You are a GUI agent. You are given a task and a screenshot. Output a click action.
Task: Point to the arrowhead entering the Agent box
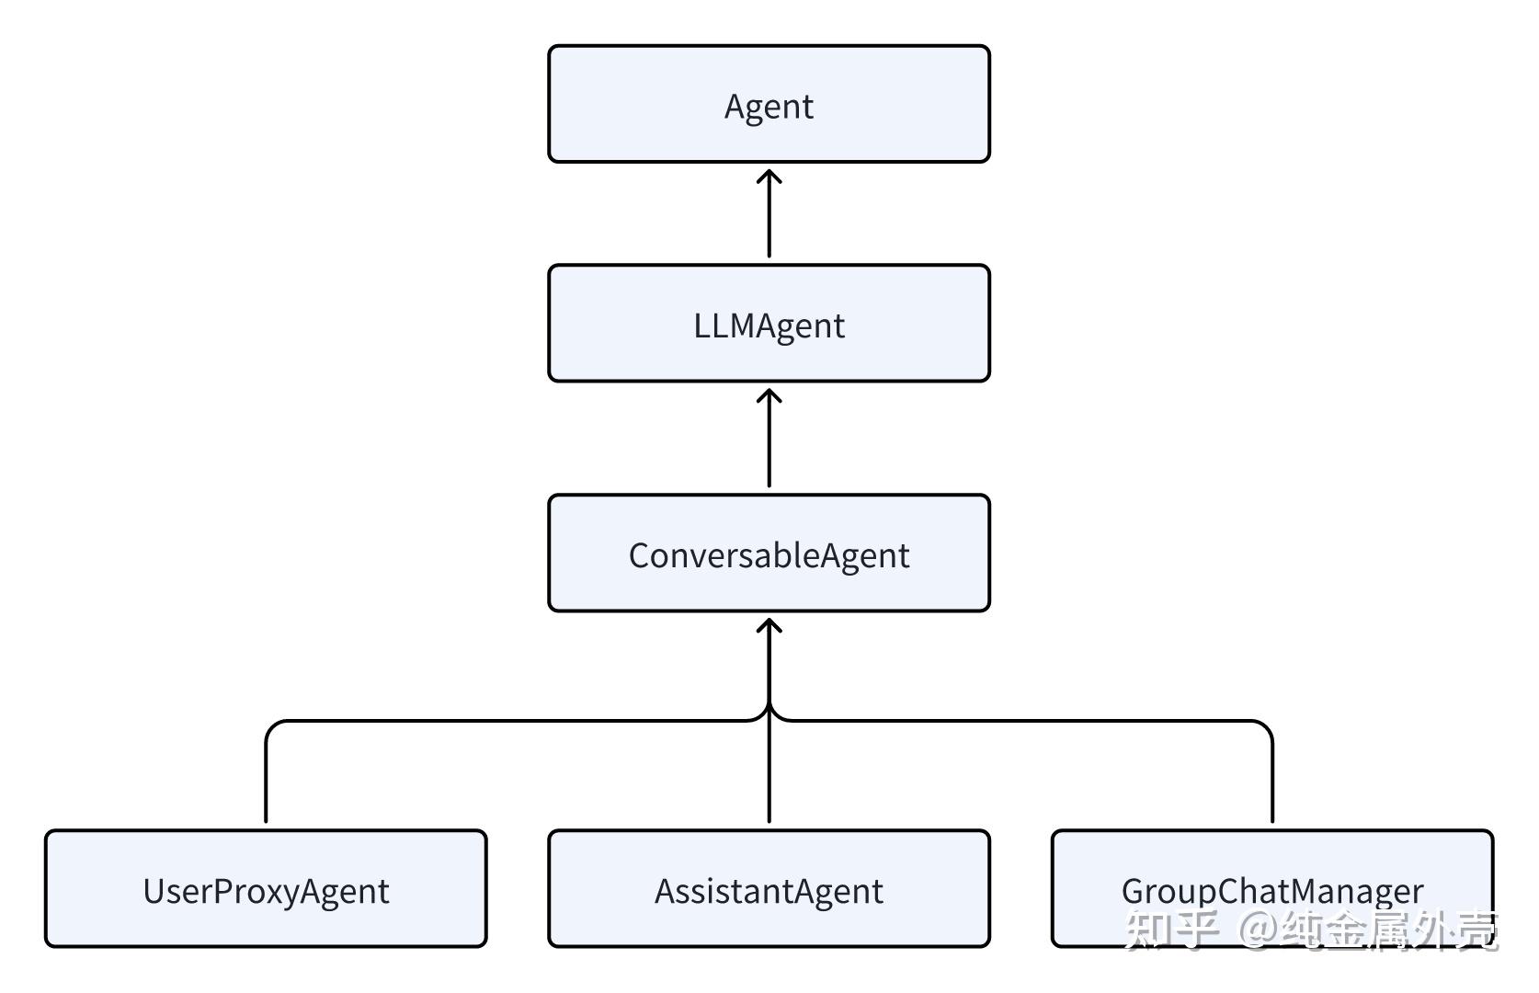click(x=769, y=176)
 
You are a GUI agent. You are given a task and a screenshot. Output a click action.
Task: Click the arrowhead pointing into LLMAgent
click(x=769, y=395)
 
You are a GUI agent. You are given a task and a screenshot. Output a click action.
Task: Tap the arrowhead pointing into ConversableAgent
click(x=769, y=625)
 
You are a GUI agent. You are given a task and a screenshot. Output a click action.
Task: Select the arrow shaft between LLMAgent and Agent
click(x=769, y=221)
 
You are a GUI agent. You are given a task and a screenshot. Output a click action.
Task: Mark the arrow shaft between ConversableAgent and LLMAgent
click(x=769, y=446)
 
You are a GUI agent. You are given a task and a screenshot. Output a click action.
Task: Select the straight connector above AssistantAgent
click(x=769, y=777)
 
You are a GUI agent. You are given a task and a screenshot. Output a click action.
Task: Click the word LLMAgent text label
click(x=769, y=325)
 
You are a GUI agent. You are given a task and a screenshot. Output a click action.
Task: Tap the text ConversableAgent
click(x=769, y=555)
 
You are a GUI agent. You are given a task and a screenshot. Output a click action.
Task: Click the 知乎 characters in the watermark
click(x=1171, y=930)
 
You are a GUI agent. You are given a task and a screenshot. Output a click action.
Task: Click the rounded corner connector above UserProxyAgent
click(x=273, y=728)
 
